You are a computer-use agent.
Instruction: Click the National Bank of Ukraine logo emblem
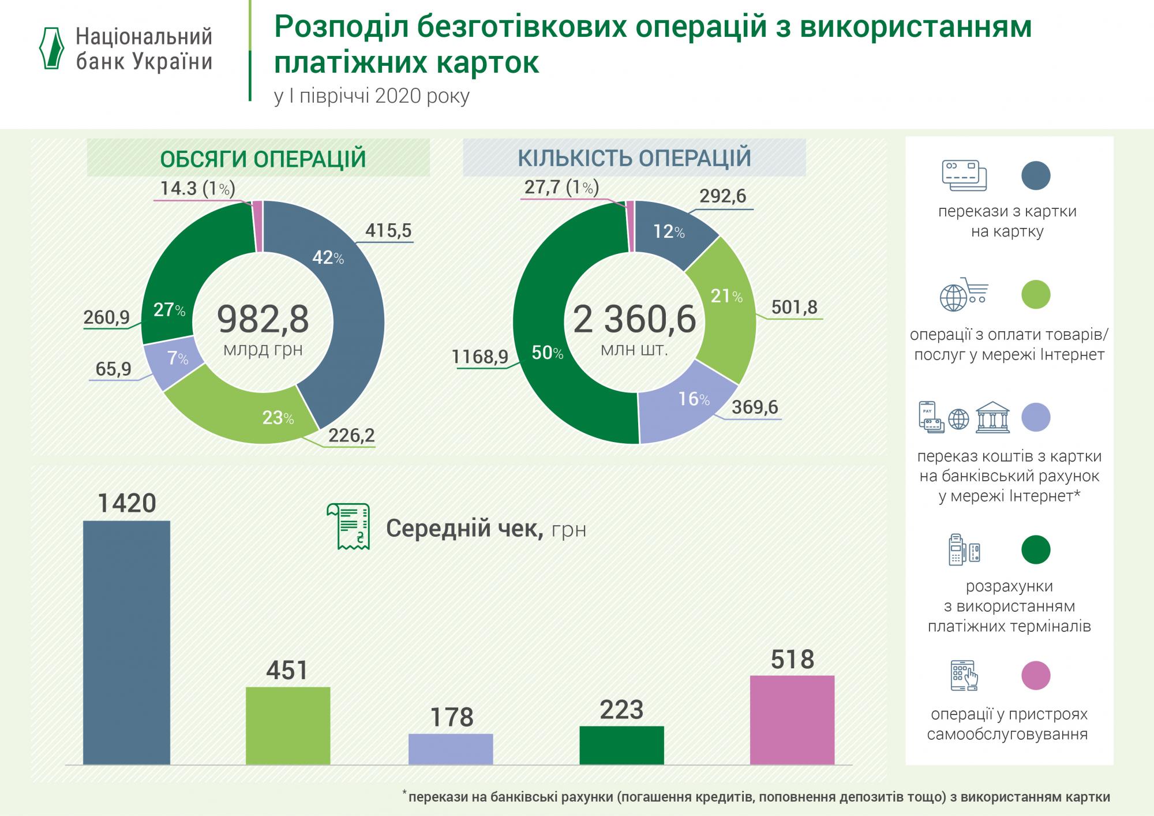[x=51, y=48]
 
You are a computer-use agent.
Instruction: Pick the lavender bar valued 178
[x=451, y=748]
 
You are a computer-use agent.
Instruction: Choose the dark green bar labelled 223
[x=621, y=744]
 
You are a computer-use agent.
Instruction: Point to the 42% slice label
[x=328, y=258]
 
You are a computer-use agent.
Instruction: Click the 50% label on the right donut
[x=547, y=353]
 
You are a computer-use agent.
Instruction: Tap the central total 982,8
[x=263, y=320]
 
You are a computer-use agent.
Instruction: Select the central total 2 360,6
[x=634, y=320]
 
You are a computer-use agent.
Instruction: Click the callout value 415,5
[x=388, y=231]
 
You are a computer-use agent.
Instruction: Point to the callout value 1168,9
[x=480, y=357]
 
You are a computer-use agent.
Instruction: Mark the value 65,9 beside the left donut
[x=114, y=368]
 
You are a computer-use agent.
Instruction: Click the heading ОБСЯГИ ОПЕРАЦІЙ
[x=263, y=159]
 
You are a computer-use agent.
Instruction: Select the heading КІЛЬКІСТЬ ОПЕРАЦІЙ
[x=634, y=158]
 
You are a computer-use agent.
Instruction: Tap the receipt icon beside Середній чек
[x=348, y=526]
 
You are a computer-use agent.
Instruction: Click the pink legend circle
[x=1036, y=675]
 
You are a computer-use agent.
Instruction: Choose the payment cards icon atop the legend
[x=964, y=175]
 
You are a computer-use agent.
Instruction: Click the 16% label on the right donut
[x=694, y=399]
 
